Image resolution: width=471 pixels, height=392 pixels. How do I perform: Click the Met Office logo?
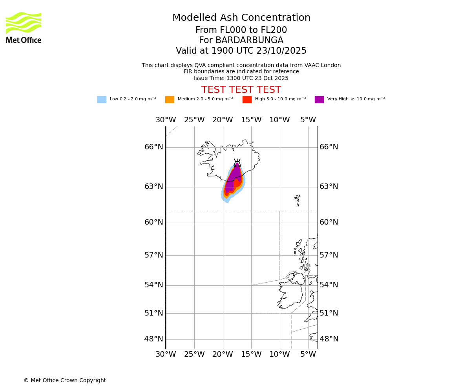coord(24,27)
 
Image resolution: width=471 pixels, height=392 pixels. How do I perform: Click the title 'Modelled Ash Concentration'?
coord(241,18)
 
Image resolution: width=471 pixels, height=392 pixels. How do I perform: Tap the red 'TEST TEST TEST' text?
coord(241,90)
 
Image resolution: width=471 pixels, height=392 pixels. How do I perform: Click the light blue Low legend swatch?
coord(102,100)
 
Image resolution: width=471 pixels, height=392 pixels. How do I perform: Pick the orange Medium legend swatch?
coord(170,100)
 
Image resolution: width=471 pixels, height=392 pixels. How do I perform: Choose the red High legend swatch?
coord(247,100)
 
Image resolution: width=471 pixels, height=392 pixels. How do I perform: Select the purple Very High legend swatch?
coord(319,100)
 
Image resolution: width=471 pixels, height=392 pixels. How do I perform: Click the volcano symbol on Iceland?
coord(237,163)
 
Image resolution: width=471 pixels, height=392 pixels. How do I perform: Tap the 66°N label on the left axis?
coord(153,147)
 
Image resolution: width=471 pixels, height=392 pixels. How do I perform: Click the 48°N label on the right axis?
coord(329,339)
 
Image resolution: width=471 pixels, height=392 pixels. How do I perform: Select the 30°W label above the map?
coord(165,120)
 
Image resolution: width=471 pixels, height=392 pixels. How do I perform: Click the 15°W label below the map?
coord(251,354)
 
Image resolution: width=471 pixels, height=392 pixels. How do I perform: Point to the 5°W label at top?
coord(308,120)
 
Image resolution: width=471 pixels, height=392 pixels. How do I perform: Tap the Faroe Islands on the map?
coord(298,200)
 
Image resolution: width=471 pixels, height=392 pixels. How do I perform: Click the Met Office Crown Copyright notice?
coord(65,381)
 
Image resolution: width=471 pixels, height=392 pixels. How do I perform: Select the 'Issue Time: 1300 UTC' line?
coord(241,78)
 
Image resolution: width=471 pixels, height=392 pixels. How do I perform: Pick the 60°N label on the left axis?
coord(153,222)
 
